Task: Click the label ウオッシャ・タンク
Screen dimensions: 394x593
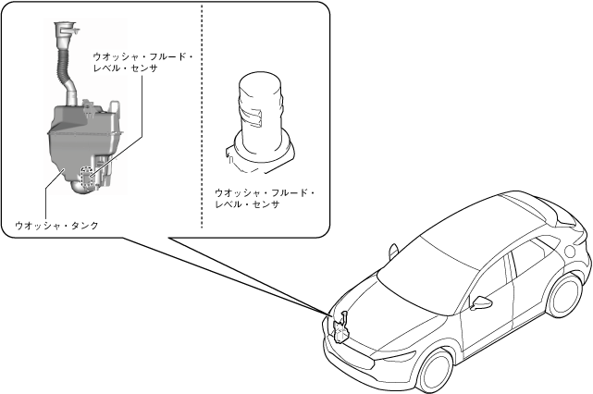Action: [x=56, y=225]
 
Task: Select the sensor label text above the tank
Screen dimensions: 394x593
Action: [x=142, y=62]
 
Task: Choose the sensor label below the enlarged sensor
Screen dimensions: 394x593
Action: [x=264, y=198]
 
